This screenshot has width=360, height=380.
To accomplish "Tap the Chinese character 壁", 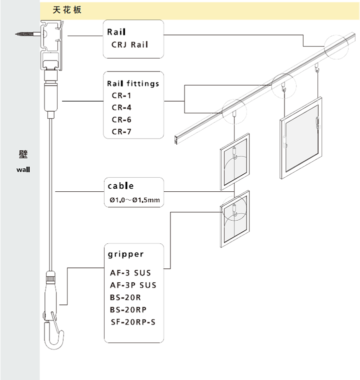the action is [23, 154].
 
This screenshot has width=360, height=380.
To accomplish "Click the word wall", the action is [23, 169].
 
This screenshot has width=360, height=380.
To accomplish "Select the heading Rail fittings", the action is [133, 84].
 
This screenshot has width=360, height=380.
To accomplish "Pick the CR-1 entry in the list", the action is [122, 96].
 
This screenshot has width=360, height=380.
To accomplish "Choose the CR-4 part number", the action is [122, 108].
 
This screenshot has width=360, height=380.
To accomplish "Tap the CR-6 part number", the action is [122, 120].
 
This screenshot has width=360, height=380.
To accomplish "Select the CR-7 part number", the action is [122, 132].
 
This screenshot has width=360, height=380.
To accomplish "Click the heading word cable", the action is [120, 186].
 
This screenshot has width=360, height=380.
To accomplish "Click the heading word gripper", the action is [125, 254].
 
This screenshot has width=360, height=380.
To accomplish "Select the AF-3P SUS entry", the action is [133, 285].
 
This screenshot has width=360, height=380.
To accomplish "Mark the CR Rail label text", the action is [129, 46].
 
